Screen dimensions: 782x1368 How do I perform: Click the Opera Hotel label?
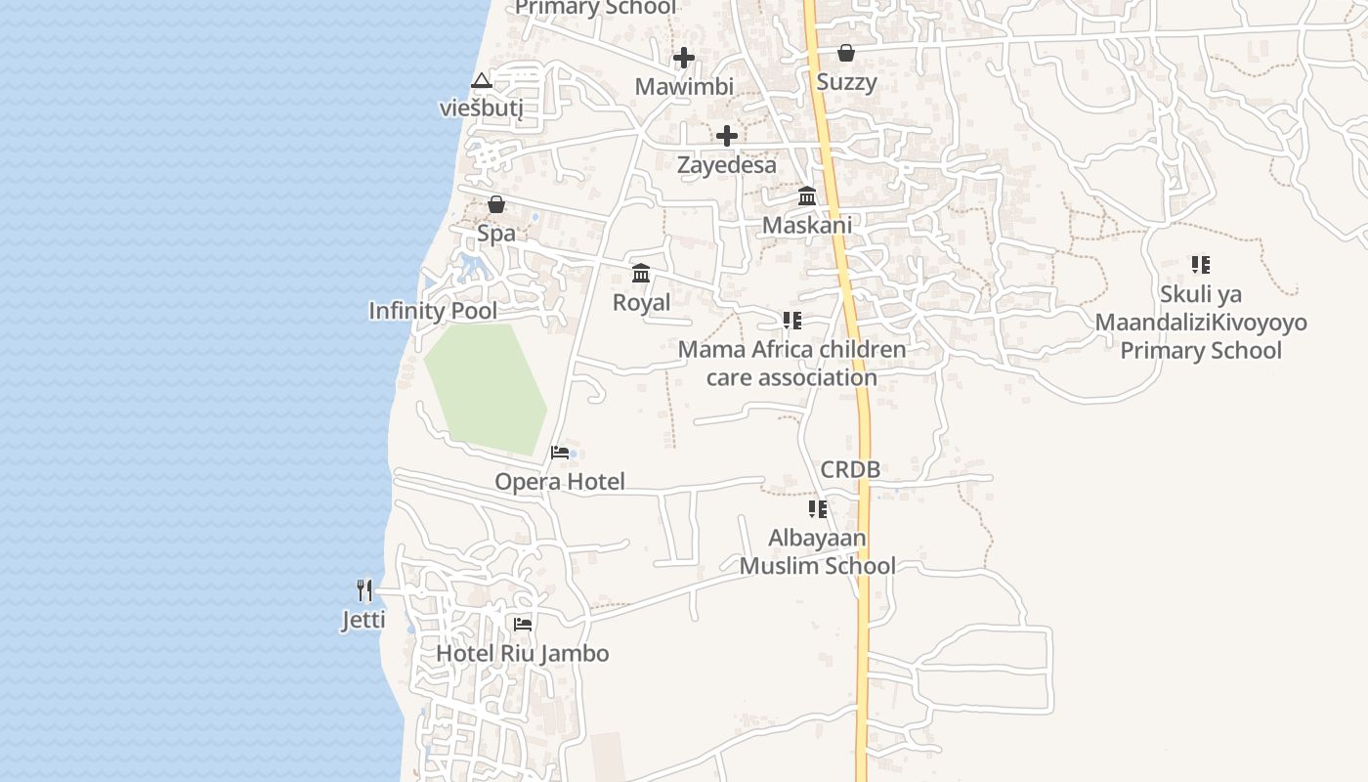[559, 481]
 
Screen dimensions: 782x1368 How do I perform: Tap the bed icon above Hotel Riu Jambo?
[523, 624]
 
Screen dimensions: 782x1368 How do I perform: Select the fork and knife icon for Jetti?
[364, 589]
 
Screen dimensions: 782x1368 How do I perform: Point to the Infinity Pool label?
[432, 311]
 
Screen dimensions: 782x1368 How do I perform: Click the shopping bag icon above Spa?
[496, 204]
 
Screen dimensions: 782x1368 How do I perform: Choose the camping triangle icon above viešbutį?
[480, 80]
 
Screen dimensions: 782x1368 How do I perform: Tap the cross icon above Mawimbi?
[684, 57]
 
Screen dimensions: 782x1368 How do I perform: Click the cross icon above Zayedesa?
[727, 136]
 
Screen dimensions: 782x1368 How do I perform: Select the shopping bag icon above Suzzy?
[846, 53]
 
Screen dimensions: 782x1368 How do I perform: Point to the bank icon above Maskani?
[807, 195]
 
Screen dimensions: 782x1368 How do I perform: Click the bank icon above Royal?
[641, 273]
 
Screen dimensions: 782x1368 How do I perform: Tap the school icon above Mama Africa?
[791, 320]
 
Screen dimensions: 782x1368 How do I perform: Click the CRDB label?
[850, 469]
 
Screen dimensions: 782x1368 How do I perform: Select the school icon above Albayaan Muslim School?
[818, 508]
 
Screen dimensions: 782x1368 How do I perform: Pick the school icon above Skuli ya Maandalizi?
[1201, 264]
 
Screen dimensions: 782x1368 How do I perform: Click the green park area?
[486, 386]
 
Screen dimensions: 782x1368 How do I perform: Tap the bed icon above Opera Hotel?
[560, 452]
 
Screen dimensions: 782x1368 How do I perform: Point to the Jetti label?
[363, 620]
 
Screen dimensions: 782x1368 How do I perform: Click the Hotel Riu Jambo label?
[522, 653]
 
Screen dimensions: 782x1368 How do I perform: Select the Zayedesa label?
[727, 164]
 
